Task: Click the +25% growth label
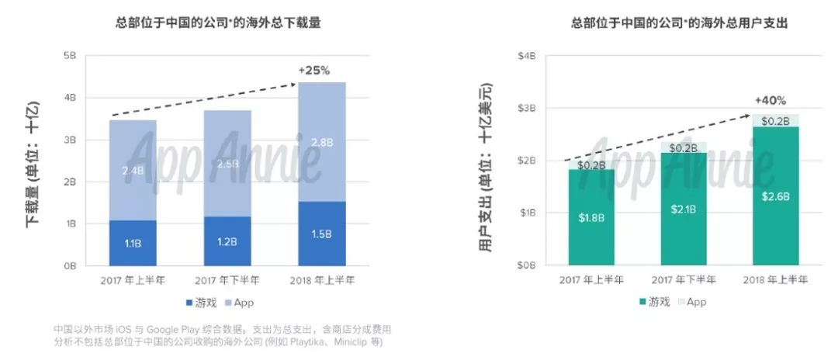point(313,70)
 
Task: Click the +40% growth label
point(770,101)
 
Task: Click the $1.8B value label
point(591,218)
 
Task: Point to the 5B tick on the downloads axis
point(69,56)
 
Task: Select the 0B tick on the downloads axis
point(69,265)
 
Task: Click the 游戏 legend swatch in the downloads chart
point(189,302)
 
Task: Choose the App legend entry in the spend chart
point(690,302)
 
